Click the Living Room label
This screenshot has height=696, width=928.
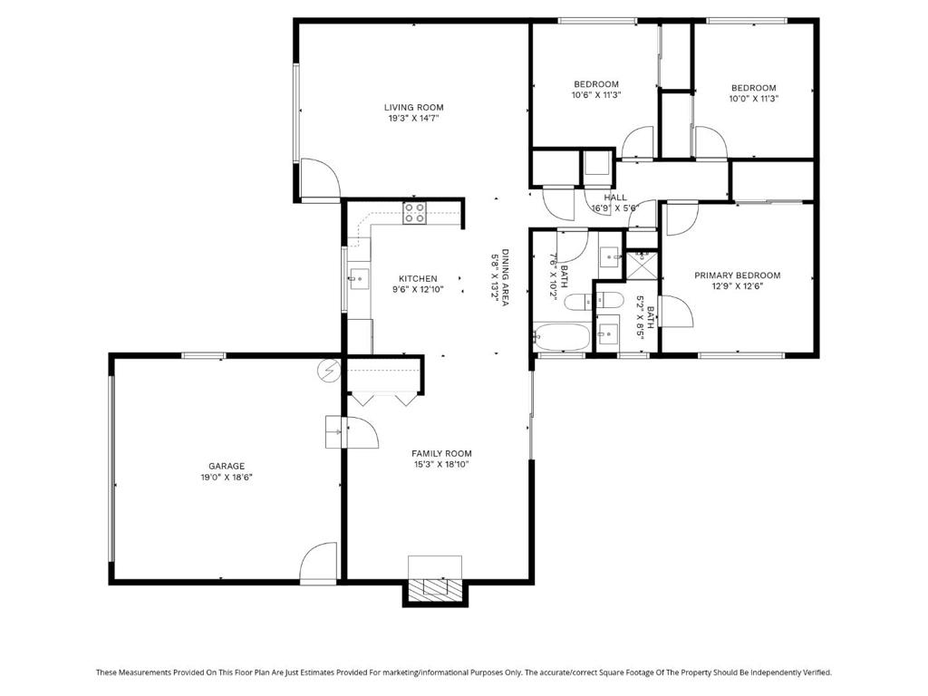coord(413,107)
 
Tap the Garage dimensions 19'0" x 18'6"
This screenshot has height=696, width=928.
coord(227,477)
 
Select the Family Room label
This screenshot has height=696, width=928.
coord(441,453)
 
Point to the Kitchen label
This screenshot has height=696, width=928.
coord(418,278)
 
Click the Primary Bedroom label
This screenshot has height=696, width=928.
coord(738,275)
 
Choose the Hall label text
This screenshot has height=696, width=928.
coord(615,197)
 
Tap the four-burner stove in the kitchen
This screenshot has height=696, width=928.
coord(415,213)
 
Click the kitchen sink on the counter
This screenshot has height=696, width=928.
coord(359,279)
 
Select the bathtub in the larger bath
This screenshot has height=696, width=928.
coord(562,336)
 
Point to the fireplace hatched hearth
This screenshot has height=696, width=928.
coord(435,587)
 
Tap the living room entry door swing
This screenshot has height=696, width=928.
coord(320,178)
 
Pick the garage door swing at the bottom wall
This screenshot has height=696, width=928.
coord(318,563)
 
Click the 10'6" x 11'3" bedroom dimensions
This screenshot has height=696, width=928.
coord(596,94)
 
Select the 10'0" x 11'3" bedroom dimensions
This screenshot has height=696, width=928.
coord(753,99)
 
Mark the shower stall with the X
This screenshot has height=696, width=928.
coord(642,264)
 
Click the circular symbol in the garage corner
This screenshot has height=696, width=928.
coord(327,371)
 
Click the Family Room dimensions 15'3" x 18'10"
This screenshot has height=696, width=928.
coord(441,465)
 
